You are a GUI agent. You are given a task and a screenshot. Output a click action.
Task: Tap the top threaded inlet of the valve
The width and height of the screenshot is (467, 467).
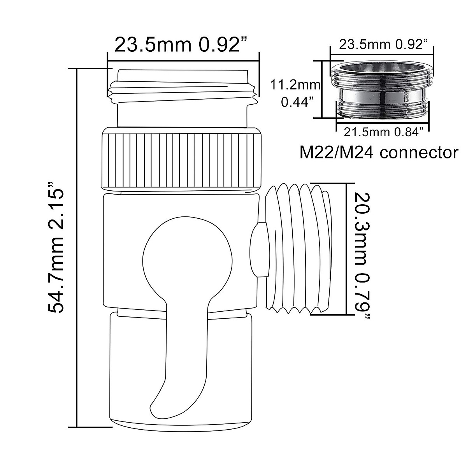coord(182,97)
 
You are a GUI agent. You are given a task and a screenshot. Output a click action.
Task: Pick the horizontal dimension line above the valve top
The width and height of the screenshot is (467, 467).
coord(183,61)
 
